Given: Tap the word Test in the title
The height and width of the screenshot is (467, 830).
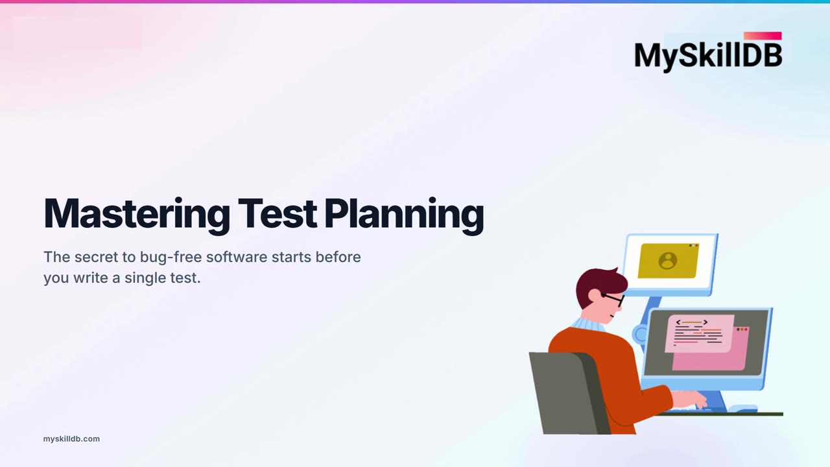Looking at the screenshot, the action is (x=277, y=213).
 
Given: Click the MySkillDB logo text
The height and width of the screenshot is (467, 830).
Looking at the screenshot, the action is (x=708, y=56).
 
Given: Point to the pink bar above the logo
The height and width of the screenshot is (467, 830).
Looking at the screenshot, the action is (x=763, y=36).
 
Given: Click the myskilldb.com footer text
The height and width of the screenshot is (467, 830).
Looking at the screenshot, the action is (x=71, y=439).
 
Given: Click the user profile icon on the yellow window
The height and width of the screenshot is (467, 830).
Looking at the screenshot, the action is (x=668, y=261).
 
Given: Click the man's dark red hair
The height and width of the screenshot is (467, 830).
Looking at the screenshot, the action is (x=600, y=285).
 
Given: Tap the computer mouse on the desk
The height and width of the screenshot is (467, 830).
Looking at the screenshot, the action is (x=743, y=408).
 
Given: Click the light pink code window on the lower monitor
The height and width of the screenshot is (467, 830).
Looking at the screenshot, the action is (x=700, y=333).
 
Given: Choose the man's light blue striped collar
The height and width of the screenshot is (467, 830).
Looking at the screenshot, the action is (x=587, y=325).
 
